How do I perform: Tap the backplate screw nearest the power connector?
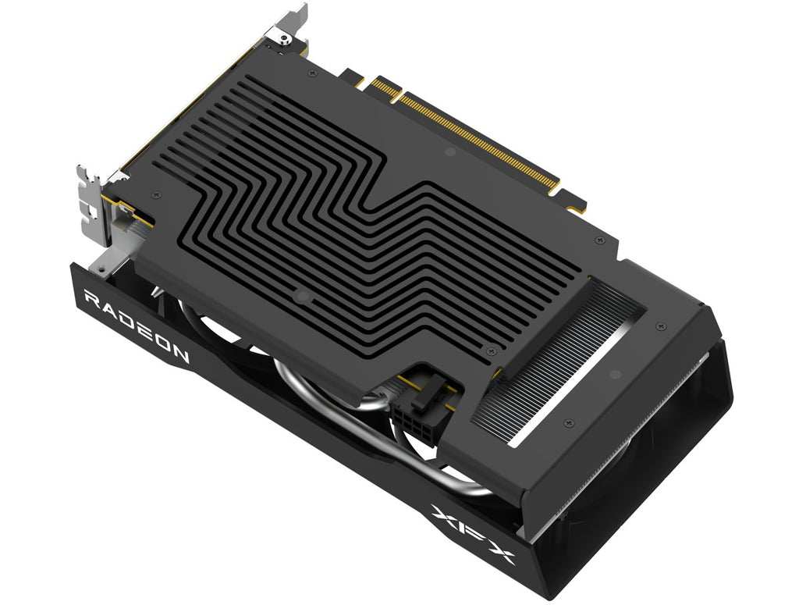pos(488,351)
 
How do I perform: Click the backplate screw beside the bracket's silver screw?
pos(312,73)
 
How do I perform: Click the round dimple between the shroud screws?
pos(614,375)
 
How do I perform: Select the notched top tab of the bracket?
pos(295,16)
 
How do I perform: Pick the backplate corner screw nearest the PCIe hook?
pos(598,240)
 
